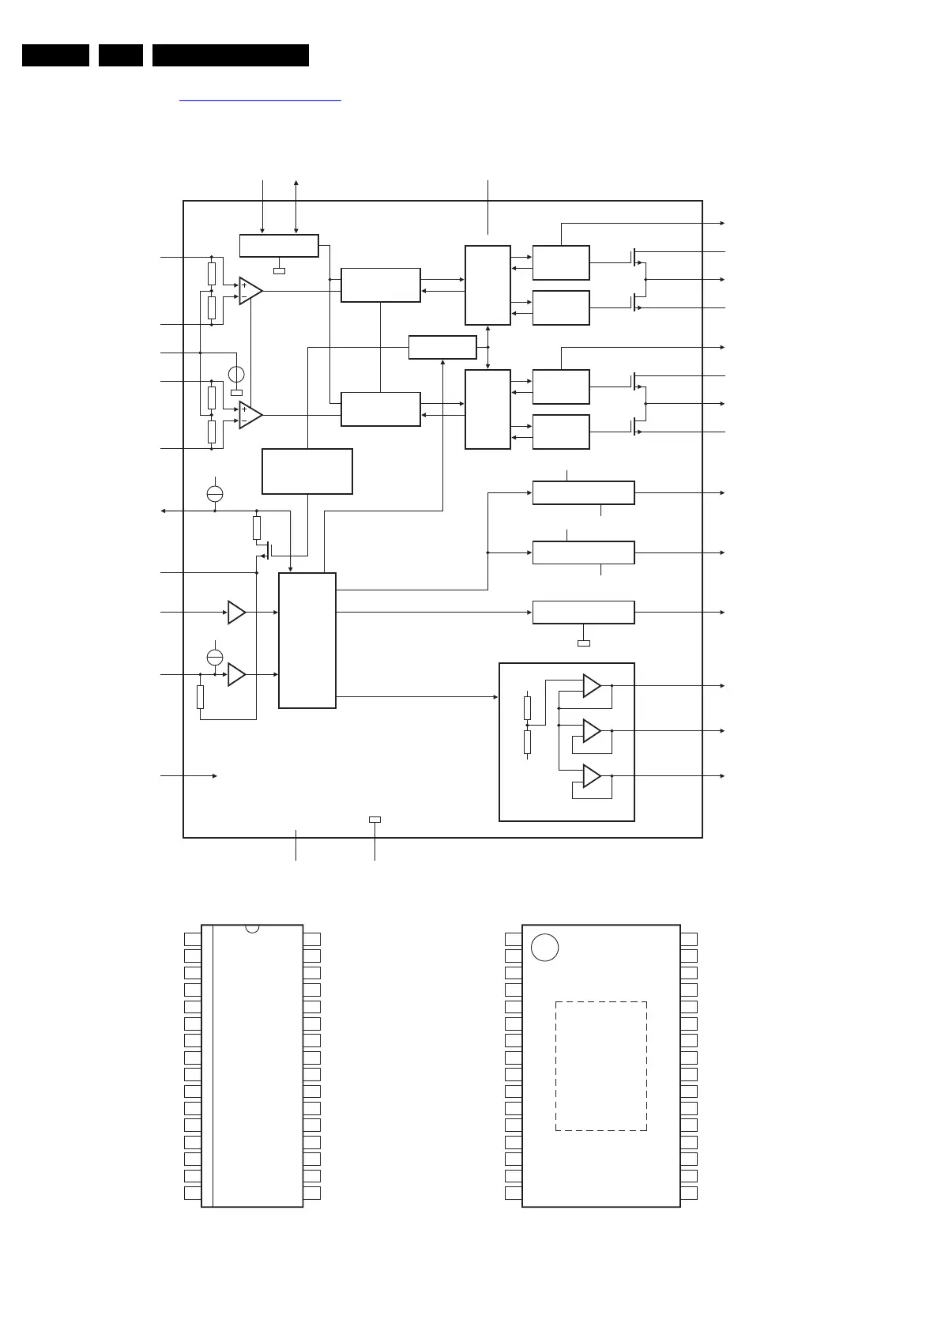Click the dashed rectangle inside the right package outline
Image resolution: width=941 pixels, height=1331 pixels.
(600, 1065)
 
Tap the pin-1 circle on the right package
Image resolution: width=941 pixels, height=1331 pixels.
(544, 947)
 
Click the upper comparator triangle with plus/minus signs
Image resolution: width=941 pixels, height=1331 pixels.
(250, 291)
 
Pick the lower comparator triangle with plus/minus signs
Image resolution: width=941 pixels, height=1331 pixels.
(250, 415)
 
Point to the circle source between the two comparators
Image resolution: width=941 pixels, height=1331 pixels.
(235, 374)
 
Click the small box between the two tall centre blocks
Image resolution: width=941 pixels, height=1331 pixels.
(442, 347)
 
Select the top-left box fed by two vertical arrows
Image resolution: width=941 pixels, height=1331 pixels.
(279, 245)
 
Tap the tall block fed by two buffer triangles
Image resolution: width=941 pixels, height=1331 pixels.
(307, 640)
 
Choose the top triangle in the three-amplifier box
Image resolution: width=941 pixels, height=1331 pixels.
(591, 686)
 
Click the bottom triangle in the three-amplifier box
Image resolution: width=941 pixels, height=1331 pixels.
(591, 776)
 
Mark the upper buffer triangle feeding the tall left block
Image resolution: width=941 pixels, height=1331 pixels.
(236, 613)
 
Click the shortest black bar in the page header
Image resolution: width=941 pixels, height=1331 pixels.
(121, 55)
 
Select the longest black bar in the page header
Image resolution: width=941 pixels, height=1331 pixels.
(230, 55)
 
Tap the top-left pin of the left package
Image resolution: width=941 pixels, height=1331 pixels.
(193, 939)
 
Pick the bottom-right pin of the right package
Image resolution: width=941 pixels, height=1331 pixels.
(689, 1193)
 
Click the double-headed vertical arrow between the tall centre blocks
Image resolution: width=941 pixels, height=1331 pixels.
(487, 347)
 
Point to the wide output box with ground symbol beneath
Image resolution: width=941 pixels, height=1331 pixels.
(583, 613)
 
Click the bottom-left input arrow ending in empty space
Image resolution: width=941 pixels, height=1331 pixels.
(190, 776)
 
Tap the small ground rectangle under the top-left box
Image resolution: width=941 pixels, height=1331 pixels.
(279, 271)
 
